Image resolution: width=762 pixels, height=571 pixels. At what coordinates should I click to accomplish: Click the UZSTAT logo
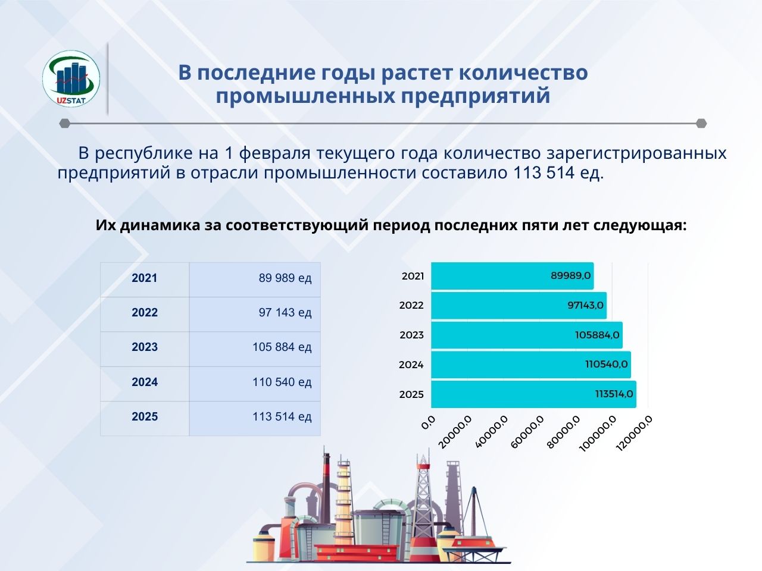pos(71,79)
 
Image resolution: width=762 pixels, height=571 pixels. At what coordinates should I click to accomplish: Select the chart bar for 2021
pos(513,276)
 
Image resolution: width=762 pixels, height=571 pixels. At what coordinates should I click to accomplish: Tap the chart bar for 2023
pos(527,335)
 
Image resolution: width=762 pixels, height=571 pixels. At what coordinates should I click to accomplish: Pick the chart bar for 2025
pos(533,394)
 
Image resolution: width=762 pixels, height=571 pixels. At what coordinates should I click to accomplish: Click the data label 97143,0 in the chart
pos(586,306)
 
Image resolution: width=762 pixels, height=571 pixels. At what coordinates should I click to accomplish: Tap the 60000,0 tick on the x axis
pos(527,432)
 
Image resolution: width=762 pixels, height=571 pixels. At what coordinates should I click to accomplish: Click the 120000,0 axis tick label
pos(634,434)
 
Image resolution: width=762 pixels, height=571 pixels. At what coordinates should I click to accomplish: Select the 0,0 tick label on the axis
pos(428,422)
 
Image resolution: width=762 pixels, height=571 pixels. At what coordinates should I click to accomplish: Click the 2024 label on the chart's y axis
pos(411,365)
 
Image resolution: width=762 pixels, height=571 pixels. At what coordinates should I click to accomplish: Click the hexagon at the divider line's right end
pos(701,124)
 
